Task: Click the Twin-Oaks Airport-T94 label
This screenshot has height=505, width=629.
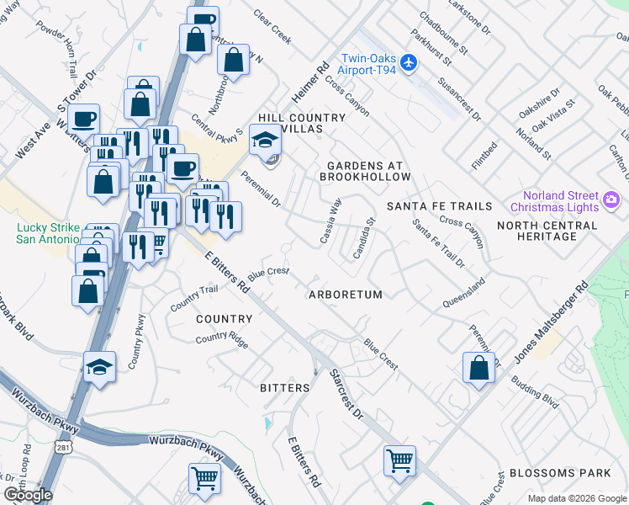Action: (x=367, y=64)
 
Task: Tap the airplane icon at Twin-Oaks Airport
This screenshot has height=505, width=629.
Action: (x=409, y=62)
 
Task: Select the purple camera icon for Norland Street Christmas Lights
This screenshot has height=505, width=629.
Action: (x=611, y=201)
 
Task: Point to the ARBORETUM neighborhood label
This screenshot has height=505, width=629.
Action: (x=345, y=295)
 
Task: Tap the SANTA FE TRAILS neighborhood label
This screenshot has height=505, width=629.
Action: (x=439, y=206)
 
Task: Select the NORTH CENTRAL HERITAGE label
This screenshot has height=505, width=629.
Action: (x=547, y=231)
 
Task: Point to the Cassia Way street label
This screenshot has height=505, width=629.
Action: (x=331, y=221)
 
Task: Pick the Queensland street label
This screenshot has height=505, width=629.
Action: (x=463, y=291)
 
